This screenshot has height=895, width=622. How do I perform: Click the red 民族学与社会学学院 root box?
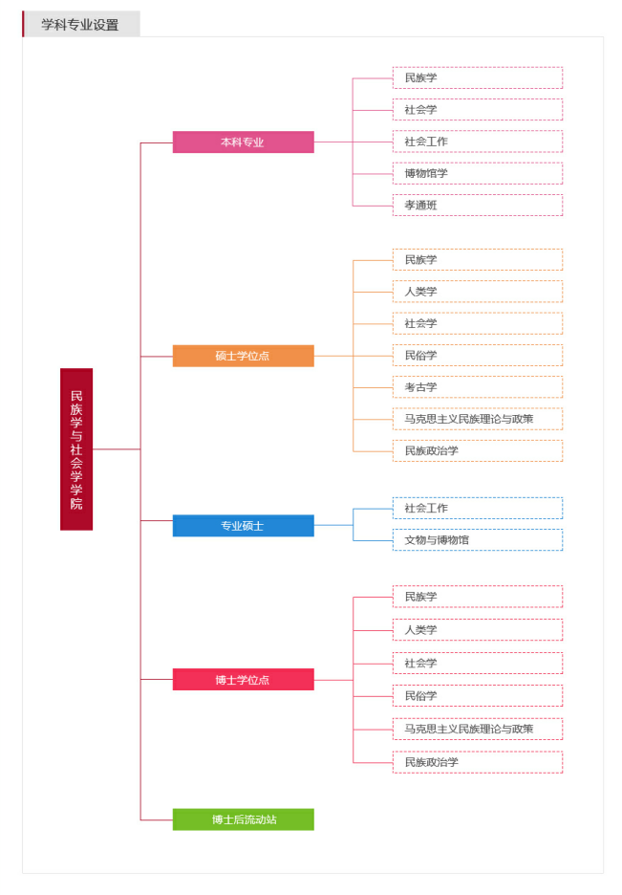coord(76,448)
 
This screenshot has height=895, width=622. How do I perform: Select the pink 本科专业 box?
coord(243,142)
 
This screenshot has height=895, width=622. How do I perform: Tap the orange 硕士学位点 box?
coord(243,356)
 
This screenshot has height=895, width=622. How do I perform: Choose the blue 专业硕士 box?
coord(243,526)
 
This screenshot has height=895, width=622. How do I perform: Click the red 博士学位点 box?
coord(243,680)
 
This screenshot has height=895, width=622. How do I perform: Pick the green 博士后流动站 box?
coord(243,819)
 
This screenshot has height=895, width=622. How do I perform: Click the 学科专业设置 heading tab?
coord(81,25)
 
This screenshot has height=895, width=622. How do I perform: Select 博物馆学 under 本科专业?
coord(477,173)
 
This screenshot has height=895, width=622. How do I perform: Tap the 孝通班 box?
coord(477,205)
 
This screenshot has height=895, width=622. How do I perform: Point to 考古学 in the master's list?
coord(477,387)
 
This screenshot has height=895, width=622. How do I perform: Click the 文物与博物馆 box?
coord(477,540)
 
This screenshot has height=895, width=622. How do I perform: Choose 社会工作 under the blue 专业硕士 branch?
coord(477,508)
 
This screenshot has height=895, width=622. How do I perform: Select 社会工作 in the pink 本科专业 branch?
coord(477,142)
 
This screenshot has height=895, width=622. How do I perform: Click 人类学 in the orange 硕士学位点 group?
coord(477,292)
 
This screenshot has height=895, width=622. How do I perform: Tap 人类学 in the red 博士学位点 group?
coord(477,630)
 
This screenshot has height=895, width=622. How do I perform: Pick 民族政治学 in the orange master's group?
coord(477,450)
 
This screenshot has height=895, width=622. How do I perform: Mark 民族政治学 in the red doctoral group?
coord(477,762)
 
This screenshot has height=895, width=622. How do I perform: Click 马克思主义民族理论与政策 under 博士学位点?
coord(477,729)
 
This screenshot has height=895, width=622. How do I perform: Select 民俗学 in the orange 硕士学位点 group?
coord(477,355)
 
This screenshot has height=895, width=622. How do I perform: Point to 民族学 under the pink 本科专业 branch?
coord(477,77)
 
